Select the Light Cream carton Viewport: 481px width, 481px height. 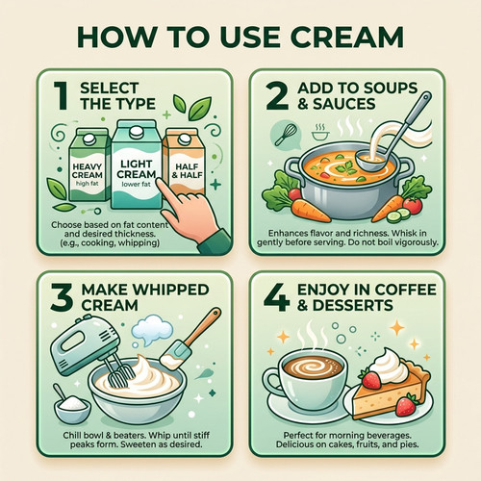[x=136, y=165]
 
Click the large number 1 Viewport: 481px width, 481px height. [x=61, y=95]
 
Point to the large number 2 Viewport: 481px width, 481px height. [x=277, y=95]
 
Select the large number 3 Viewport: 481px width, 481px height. [x=62, y=297]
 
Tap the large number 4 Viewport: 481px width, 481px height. [x=277, y=297]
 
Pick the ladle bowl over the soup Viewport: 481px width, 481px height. [x=369, y=161]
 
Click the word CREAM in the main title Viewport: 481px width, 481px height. [x=347, y=38]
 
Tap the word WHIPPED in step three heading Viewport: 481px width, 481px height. [x=171, y=290]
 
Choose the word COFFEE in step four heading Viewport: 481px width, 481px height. [x=405, y=290]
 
